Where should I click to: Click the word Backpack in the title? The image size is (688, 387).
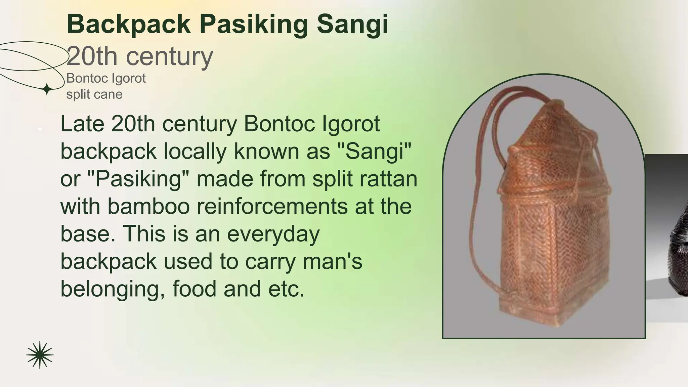(x=129, y=24)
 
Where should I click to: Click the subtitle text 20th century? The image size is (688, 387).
(x=140, y=56)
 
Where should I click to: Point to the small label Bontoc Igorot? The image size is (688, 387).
(x=106, y=78)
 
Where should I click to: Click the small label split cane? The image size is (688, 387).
(x=94, y=94)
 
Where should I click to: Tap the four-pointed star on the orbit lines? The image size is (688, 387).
(x=47, y=89)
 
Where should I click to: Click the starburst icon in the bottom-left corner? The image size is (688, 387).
(x=40, y=355)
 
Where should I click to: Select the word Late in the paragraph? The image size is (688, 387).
(x=82, y=124)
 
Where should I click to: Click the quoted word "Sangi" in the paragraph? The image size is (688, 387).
(x=374, y=151)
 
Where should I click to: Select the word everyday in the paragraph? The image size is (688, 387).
(x=273, y=234)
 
